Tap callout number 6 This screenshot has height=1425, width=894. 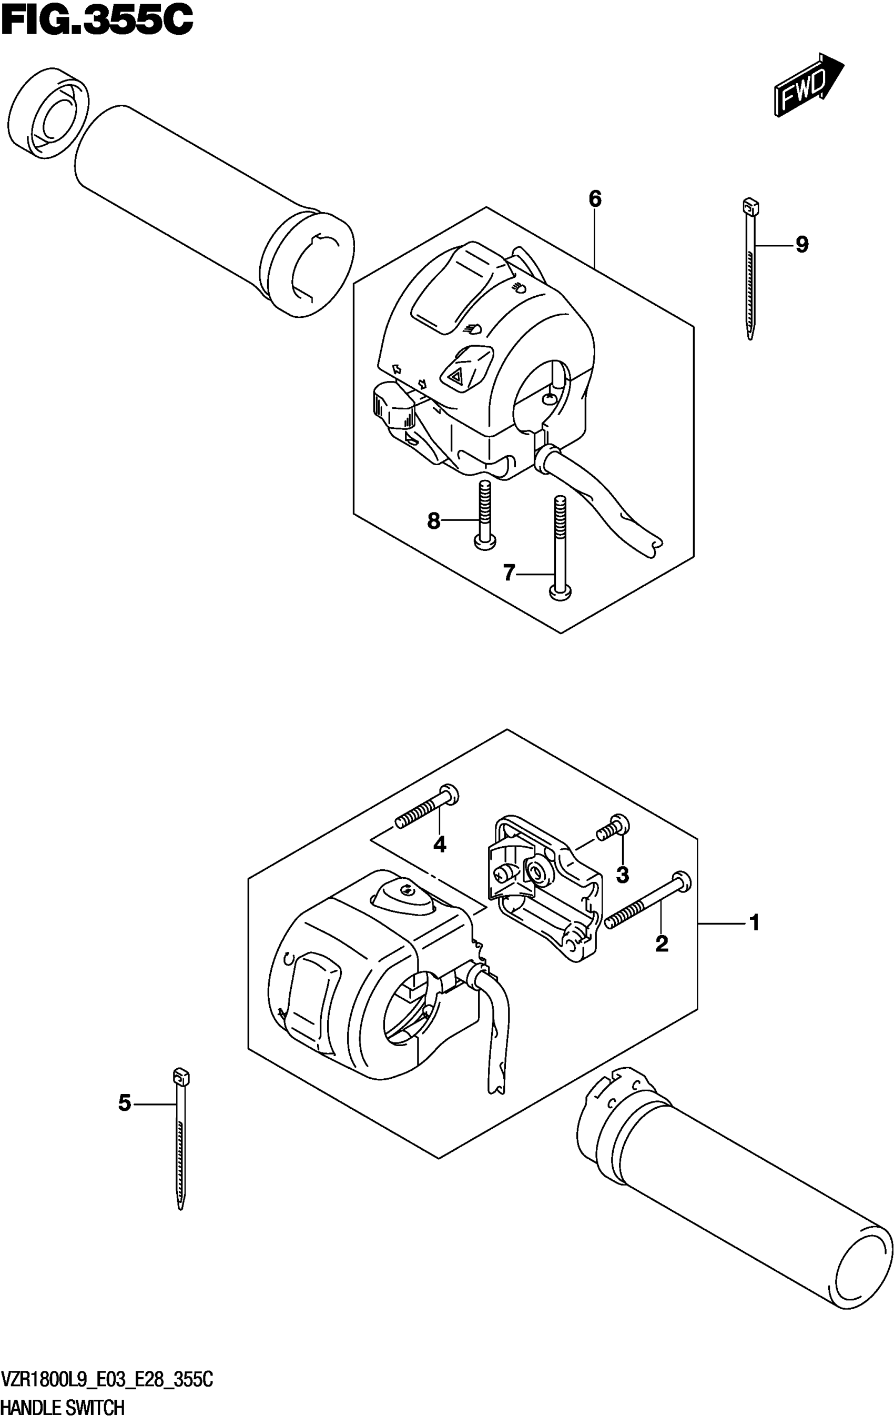[x=595, y=199]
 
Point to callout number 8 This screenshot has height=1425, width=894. [x=433, y=521]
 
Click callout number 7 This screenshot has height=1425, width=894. [x=509, y=573]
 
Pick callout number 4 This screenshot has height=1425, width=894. [x=439, y=845]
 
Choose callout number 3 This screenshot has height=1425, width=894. [x=622, y=874]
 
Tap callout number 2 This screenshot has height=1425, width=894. [x=662, y=944]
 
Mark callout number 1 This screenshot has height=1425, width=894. [x=754, y=922]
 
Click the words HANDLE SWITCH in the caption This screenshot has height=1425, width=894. [x=63, y=1407]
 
